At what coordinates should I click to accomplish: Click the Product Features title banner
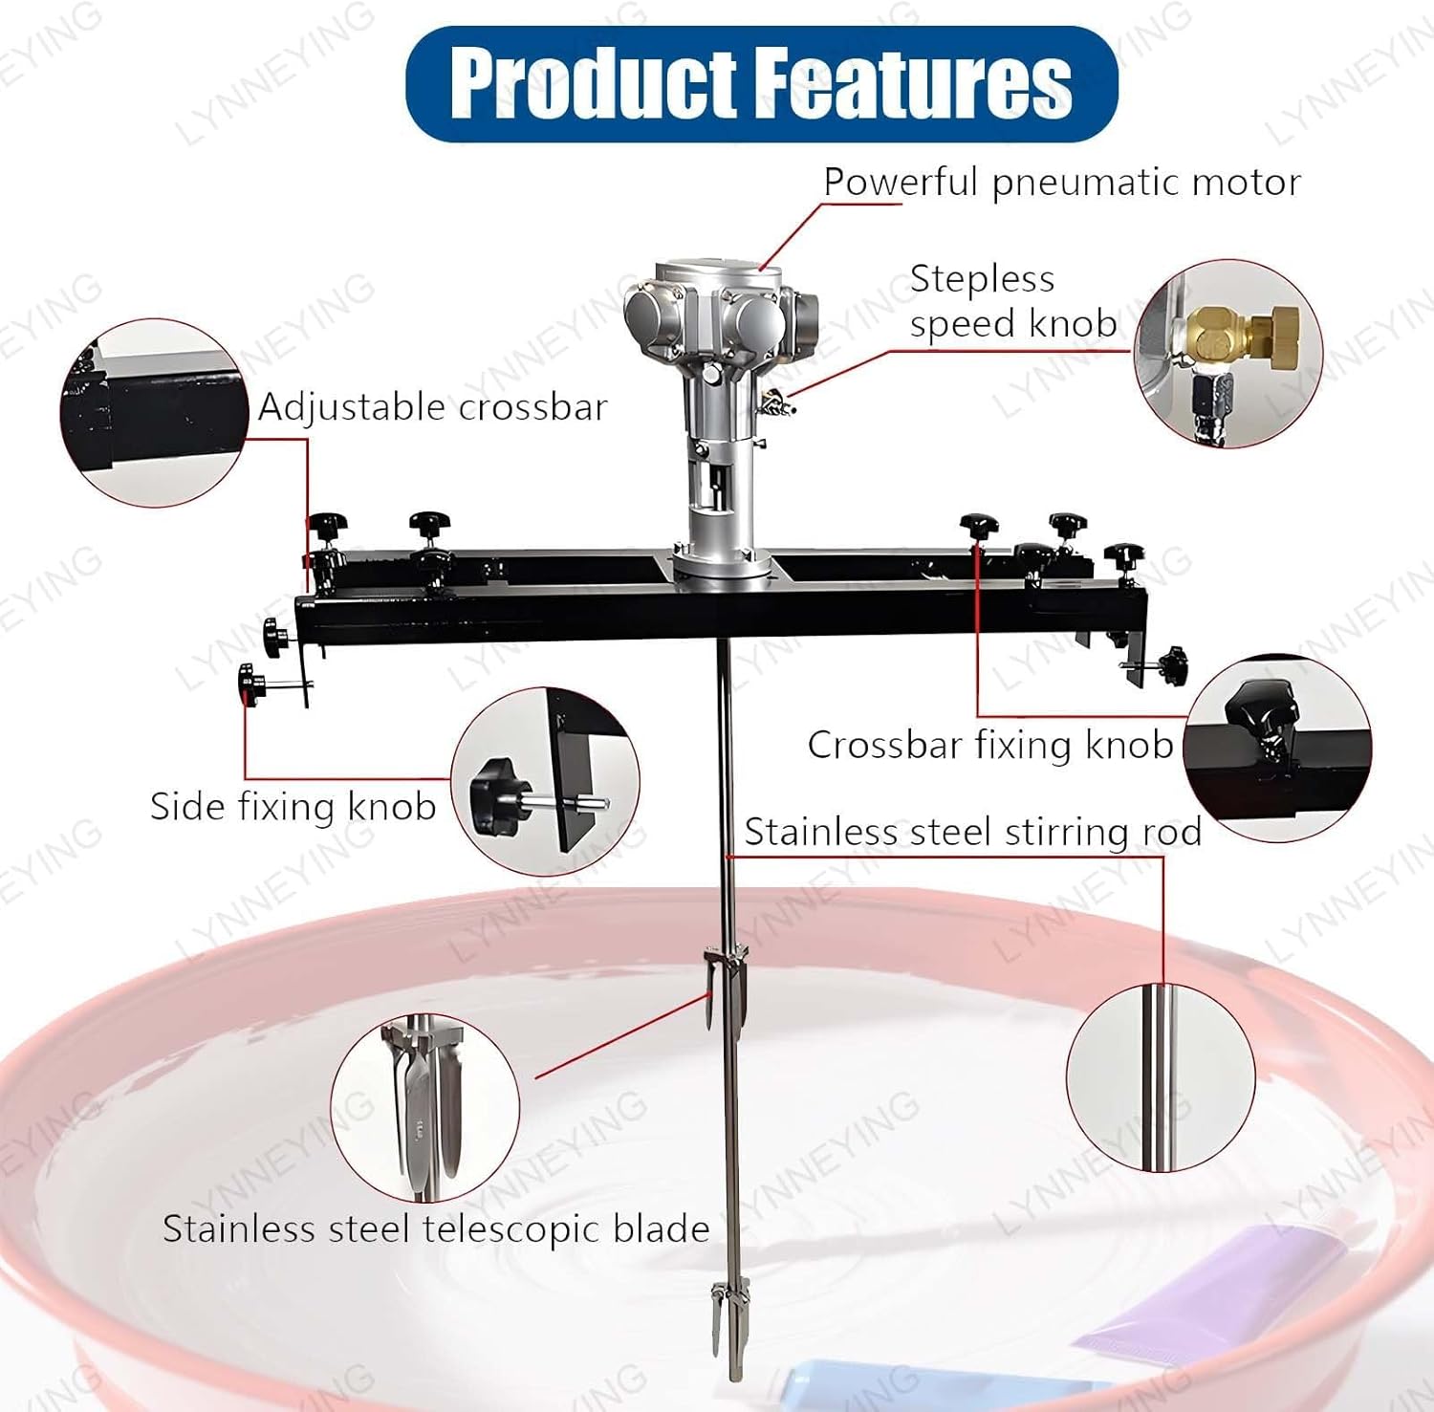pos(761,84)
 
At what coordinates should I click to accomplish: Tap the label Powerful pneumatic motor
pos(1061,183)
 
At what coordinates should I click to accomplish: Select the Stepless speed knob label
pos(1011,301)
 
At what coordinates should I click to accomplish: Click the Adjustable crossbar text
pos(432,408)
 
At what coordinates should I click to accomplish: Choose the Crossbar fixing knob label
pos(989,746)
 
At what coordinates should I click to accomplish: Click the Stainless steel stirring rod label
pos(972,833)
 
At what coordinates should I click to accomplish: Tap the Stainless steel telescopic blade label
pos(436,1229)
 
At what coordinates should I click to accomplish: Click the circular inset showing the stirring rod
pos(1160,1077)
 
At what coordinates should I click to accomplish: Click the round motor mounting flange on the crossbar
pos(723,563)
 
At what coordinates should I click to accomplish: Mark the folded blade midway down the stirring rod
pos(719,985)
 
